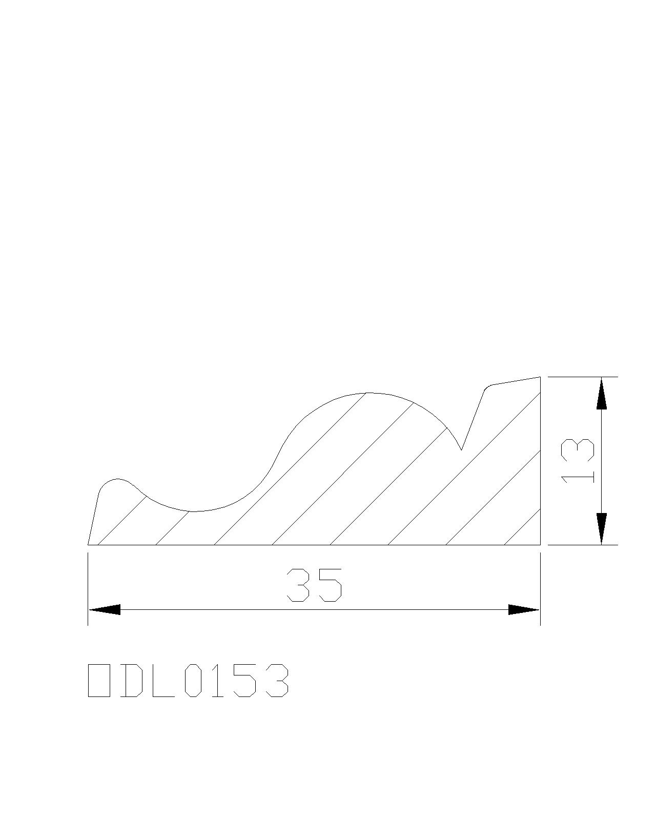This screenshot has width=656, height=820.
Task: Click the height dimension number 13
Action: pyautogui.click(x=577, y=461)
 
